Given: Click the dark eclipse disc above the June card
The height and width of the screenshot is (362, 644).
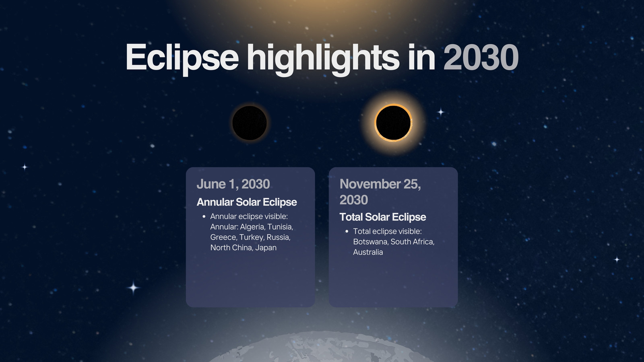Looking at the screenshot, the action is tap(250, 123).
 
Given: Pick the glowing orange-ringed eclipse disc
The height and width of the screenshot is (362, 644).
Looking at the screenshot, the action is tap(393, 123).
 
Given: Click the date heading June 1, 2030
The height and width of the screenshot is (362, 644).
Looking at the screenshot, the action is tap(233, 184).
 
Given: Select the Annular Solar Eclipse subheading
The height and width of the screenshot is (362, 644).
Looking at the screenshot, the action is tap(247, 202).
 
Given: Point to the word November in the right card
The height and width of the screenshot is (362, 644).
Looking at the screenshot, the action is tap(370, 184).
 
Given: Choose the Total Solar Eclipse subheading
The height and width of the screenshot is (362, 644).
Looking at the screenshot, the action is tap(383, 217).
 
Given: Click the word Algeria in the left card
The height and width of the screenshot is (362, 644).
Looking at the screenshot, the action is tap(252, 227).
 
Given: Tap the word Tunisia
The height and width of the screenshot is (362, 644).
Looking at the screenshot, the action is tap(280, 227).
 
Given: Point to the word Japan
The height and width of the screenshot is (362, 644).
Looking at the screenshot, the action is tap(266, 248).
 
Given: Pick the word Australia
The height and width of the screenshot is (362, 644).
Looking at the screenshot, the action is tap(368, 252).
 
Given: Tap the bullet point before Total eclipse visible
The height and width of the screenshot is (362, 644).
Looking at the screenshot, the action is tap(347, 231).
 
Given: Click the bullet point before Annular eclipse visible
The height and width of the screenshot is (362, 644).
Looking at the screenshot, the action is tap(204, 216).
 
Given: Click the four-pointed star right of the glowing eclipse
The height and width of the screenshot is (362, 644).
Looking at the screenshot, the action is tap(441, 112).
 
